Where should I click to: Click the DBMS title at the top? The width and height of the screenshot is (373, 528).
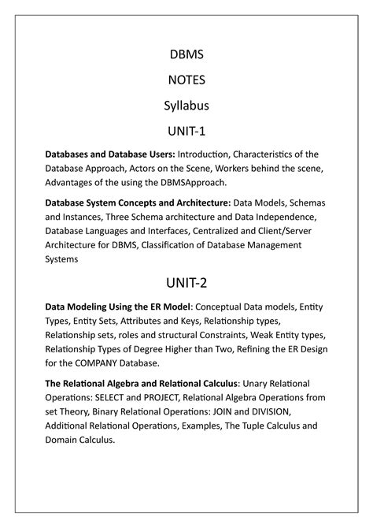pyautogui.click(x=187, y=56)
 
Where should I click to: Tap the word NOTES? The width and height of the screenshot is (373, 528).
pyautogui.click(x=187, y=80)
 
